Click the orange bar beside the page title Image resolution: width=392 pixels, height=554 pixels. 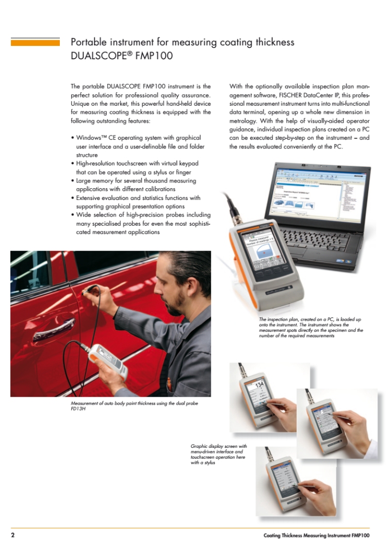(x=35, y=42)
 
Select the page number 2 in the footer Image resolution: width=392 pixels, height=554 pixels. (x=13, y=535)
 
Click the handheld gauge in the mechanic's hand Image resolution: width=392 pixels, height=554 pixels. (x=109, y=361)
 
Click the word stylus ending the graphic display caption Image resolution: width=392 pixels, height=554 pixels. (x=209, y=463)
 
